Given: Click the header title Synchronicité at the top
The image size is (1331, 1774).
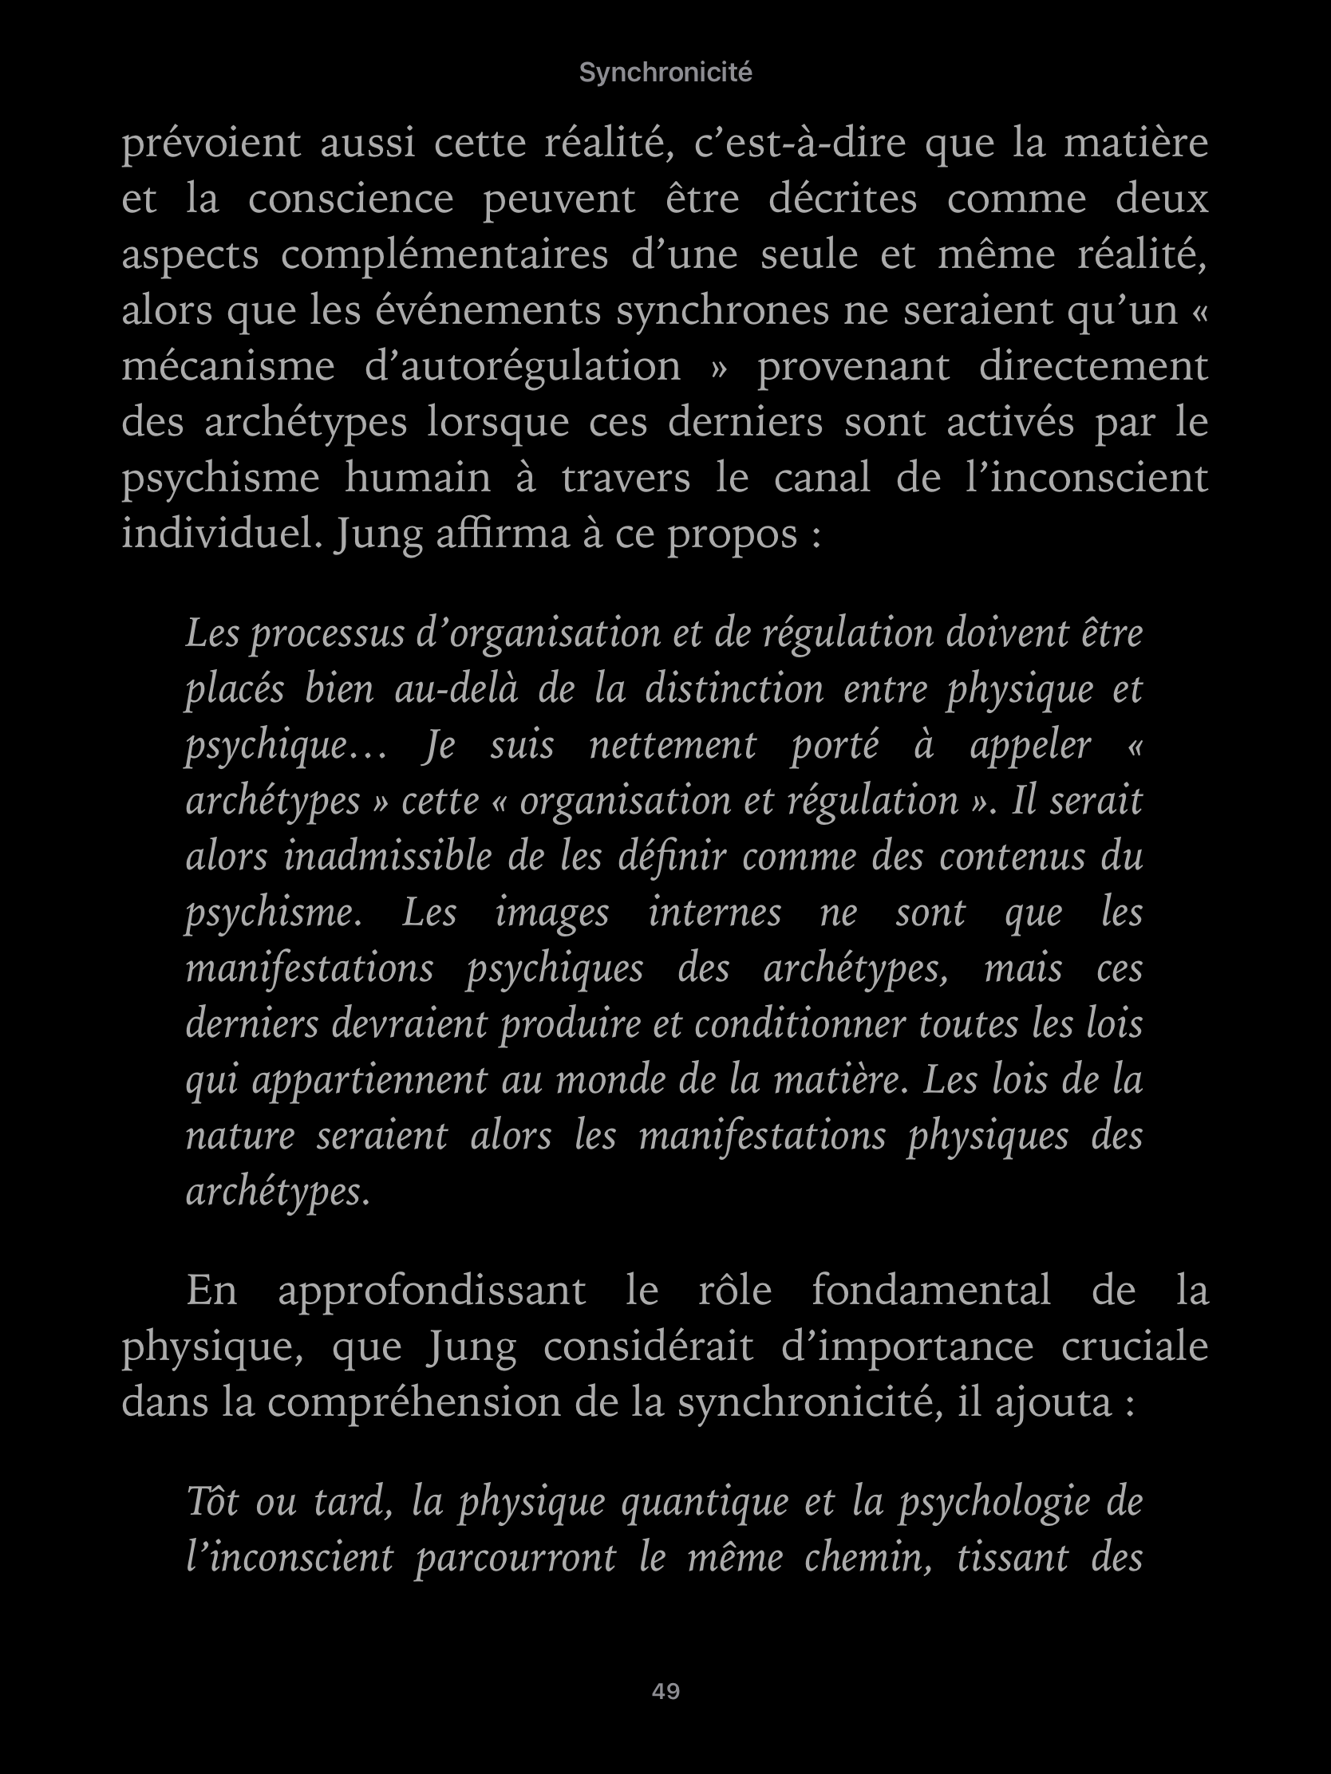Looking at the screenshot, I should pos(665,73).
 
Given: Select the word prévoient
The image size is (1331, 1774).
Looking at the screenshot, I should pos(211,144).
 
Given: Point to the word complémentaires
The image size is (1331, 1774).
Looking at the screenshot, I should pos(444,256).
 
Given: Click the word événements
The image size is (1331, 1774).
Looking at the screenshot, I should pos(488,311).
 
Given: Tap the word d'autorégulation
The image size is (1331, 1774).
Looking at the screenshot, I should pos(523,366).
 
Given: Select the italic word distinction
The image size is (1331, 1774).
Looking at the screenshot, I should pos(734,690).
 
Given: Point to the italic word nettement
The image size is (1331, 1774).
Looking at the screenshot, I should pos(673,745).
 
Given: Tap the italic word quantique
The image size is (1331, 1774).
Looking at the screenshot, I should pos(705,1502).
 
